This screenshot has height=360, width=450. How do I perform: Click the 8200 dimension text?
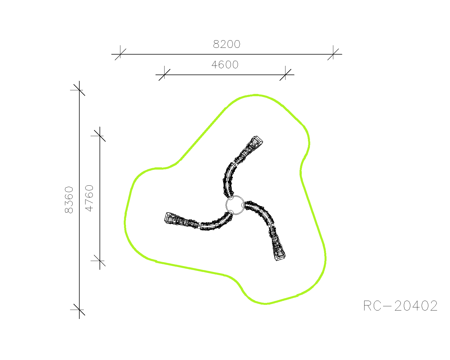tap(227, 44)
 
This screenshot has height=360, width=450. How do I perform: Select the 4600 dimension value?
tap(225, 65)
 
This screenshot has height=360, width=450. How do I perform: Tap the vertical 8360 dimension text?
tap(69, 200)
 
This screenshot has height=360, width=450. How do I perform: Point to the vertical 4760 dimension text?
tap(89, 198)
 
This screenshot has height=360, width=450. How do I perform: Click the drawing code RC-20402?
tap(400, 306)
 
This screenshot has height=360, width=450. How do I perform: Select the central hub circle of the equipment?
tap(235, 205)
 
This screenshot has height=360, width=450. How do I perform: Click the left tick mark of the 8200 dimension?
tap(120, 54)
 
